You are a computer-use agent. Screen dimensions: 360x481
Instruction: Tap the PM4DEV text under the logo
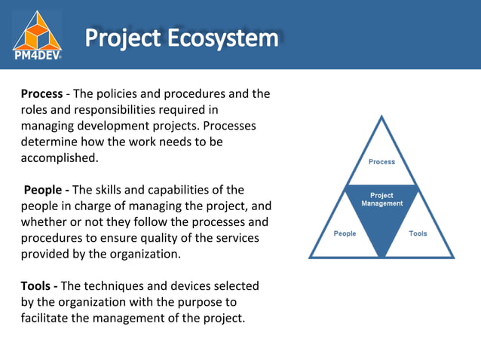[37, 54]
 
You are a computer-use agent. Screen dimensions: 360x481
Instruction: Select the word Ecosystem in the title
[229, 38]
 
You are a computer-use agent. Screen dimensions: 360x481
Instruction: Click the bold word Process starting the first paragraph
[41, 94]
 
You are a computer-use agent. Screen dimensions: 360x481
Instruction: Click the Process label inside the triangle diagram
[381, 162]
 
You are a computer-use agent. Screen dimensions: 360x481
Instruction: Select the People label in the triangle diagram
[345, 233]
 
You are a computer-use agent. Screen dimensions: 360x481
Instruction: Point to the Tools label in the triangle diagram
[418, 233]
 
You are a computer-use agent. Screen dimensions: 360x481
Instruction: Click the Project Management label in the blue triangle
[381, 200]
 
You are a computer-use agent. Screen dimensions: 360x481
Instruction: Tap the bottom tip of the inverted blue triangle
[381, 256]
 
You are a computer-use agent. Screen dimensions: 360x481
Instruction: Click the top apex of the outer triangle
[381, 116]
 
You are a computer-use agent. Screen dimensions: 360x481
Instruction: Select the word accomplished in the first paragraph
[58, 158]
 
